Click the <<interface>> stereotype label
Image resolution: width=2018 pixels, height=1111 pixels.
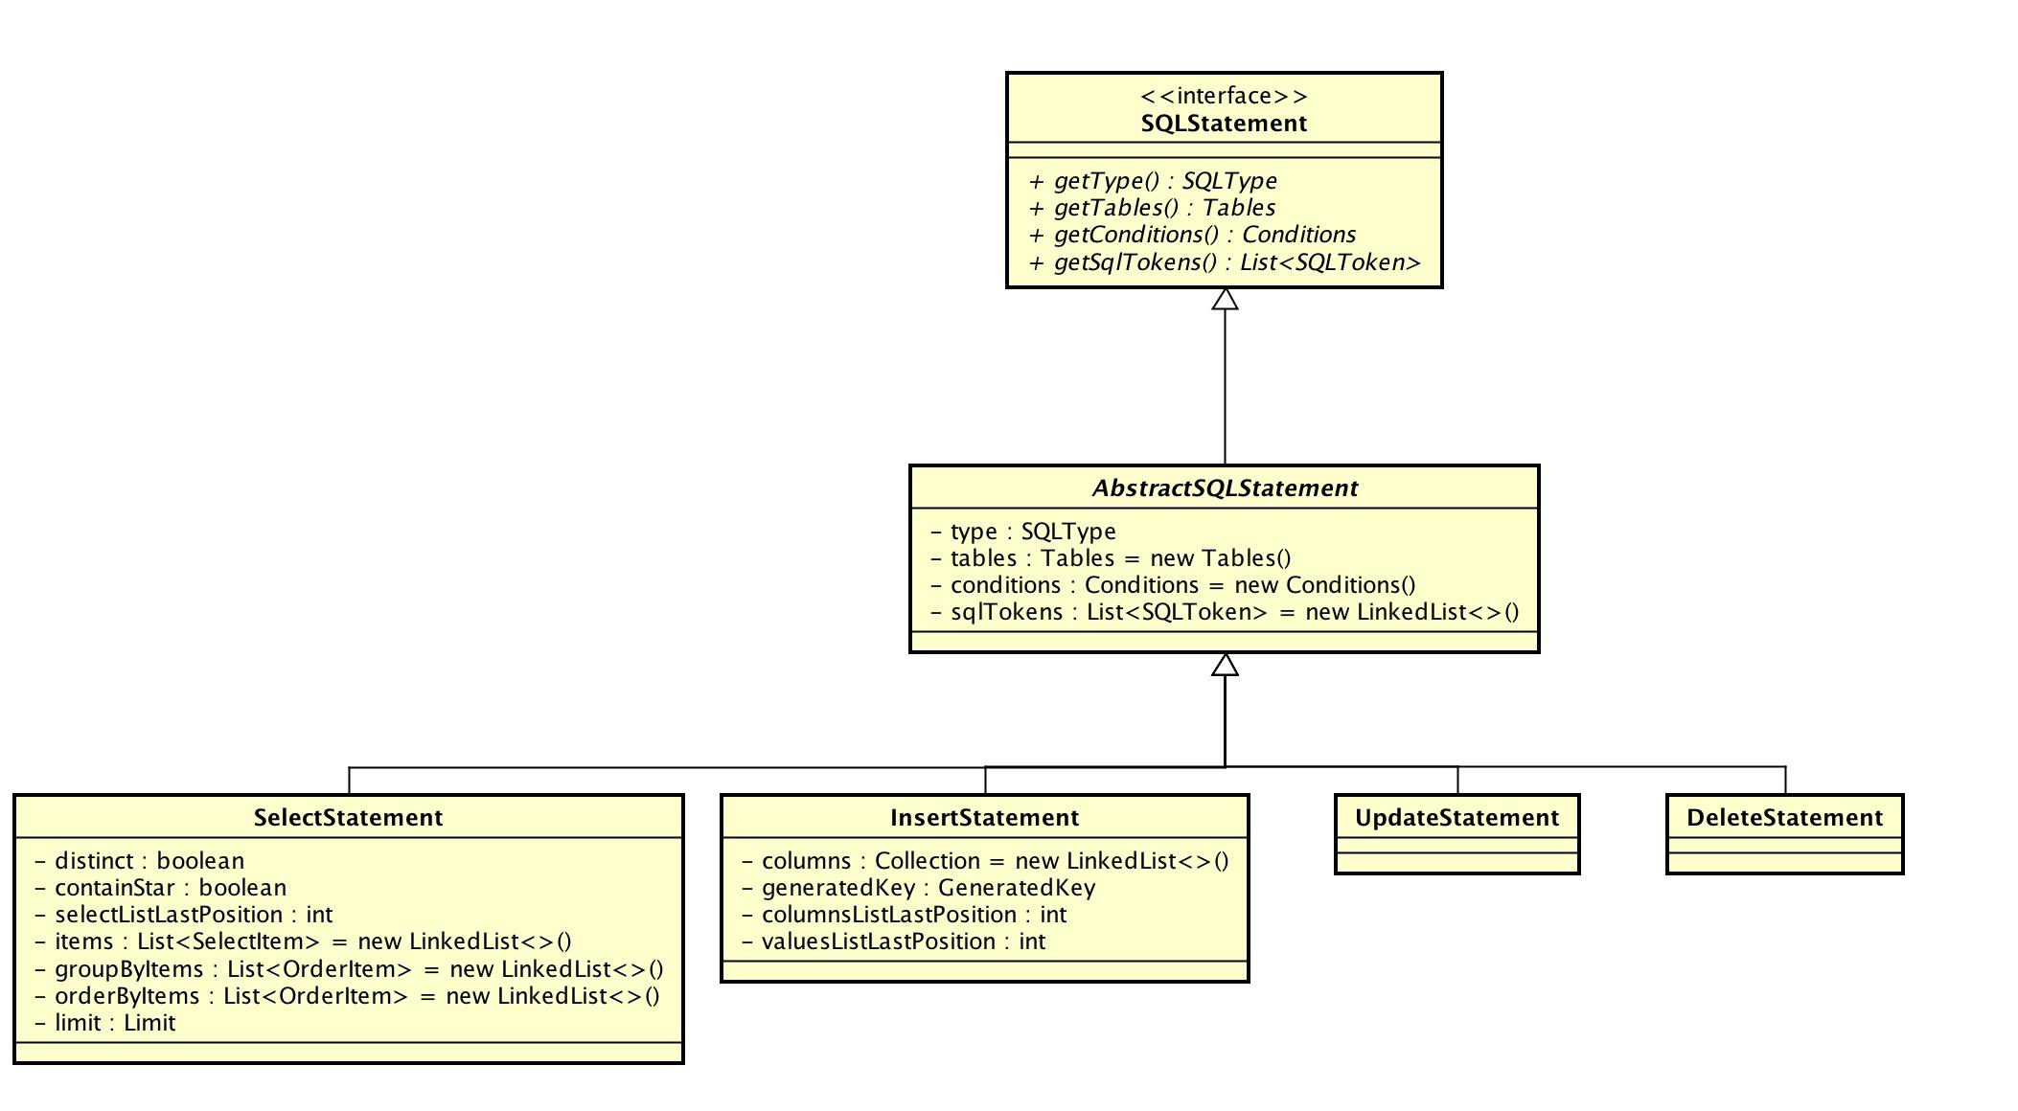(1224, 96)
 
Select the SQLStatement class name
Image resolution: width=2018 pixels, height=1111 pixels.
(1224, 124)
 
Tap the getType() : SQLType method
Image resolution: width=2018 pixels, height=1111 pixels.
(1153, 181)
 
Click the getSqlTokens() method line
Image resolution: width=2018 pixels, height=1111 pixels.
(1224, 262)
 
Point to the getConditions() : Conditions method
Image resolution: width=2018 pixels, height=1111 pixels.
(1192, 235)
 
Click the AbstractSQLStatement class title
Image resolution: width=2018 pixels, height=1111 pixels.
(1225, 488)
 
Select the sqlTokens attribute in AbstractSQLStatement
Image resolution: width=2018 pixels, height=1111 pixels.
(1224, 612)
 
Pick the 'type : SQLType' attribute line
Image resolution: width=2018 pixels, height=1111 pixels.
(1022, 532)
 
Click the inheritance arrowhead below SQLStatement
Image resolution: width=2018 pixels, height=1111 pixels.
(1225, 300)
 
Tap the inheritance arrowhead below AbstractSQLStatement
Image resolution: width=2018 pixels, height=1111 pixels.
(1225, 665)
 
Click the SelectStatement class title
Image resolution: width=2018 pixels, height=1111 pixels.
(348, 818)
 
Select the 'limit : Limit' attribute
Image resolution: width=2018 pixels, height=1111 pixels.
(104, 1023)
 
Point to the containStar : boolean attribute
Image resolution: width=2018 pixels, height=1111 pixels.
(160, 888)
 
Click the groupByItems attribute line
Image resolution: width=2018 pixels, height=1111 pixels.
(348, 969)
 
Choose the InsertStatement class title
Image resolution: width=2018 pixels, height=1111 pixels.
(984, 818)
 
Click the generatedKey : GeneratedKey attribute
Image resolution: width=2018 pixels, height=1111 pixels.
(918, 888)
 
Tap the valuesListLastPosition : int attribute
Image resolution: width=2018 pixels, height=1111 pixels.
(893, 941)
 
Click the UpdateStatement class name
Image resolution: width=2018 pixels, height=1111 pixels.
(1456, 818)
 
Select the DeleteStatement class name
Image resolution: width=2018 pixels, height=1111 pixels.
(1784, 818)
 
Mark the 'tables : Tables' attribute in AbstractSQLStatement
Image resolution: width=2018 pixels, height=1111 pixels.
(1110, 558)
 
